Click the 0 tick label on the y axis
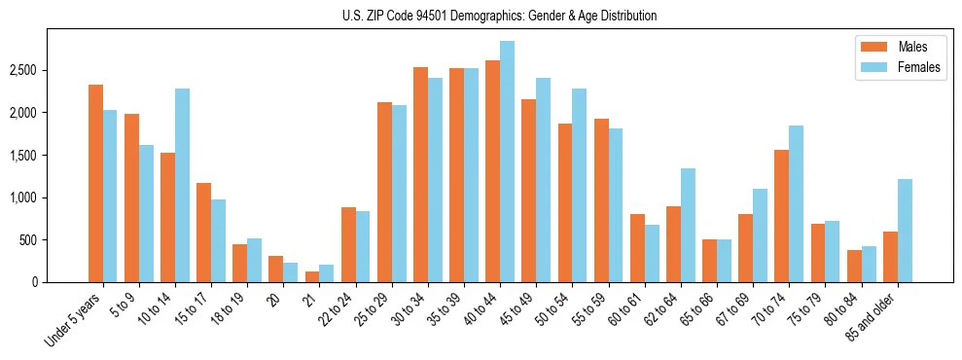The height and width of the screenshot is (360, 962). (x=34, y=282)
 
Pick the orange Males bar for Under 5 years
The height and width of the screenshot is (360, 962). (x=95, y=183)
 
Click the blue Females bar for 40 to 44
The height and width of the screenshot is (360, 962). (x=507, y=162)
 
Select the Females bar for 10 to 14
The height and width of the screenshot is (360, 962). (x=182, y=185)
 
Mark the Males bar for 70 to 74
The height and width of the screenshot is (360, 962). (x=782, y=216)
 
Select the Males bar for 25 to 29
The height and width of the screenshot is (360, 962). (x=384, y=192)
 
